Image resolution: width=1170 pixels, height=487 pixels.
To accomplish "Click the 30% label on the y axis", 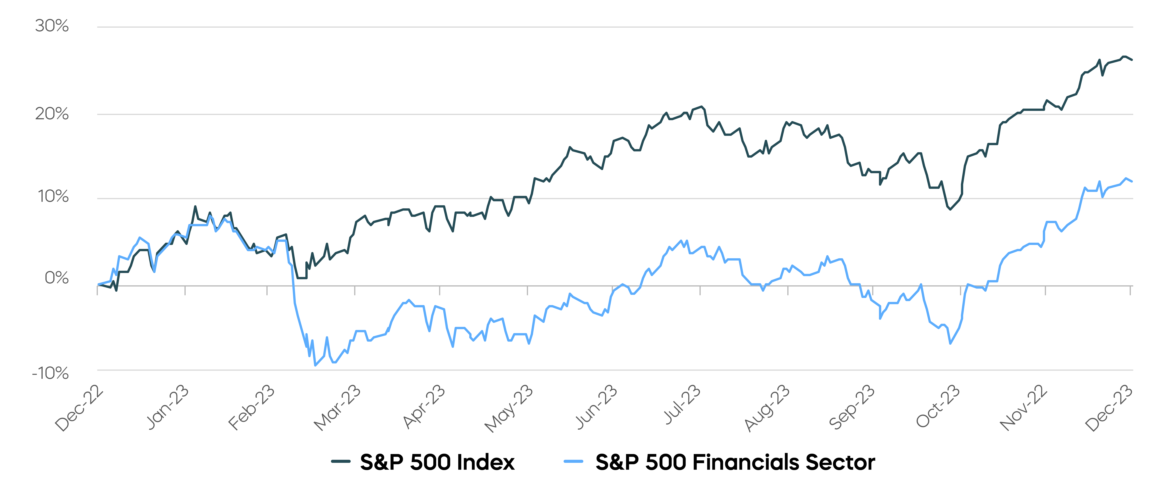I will (52, 26).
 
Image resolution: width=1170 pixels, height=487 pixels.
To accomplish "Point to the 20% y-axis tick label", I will (52, 114).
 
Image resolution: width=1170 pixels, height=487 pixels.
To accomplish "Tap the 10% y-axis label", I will (53, 197).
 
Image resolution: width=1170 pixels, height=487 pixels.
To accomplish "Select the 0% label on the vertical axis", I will (56, 278).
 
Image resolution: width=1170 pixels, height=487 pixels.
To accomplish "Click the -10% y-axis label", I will (50, 373).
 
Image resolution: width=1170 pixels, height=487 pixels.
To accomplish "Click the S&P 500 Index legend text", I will (437, 462).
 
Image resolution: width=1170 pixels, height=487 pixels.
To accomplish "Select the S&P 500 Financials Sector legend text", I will (735, 462).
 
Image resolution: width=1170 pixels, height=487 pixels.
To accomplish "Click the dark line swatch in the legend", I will (341, 462).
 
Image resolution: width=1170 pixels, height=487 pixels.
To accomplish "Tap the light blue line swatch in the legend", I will (573, 462).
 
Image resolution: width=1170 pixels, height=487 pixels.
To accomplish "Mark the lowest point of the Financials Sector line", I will (315, 365).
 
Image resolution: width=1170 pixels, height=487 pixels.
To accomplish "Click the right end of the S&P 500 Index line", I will (1132, 60).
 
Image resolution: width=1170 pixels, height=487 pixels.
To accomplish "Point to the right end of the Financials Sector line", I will (1132, 181).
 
